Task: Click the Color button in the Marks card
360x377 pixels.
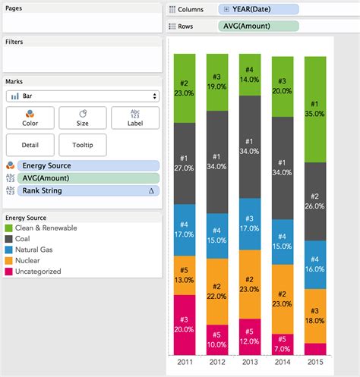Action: click(30, 118)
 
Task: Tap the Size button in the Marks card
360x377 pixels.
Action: click(82, 118)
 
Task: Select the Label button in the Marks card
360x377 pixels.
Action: click(135, 118)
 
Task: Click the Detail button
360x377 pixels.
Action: click(30, 145)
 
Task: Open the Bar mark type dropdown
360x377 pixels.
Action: click(82, 96)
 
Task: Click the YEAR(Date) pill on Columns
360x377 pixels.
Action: click(257, 9)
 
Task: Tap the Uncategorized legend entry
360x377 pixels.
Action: click(38, 271)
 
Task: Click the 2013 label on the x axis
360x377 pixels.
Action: click(250, 362)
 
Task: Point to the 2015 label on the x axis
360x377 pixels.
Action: click(316, 362)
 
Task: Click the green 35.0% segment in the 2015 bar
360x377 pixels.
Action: click(316, 108)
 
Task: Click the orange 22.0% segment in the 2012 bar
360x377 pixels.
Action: click(217, 291)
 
